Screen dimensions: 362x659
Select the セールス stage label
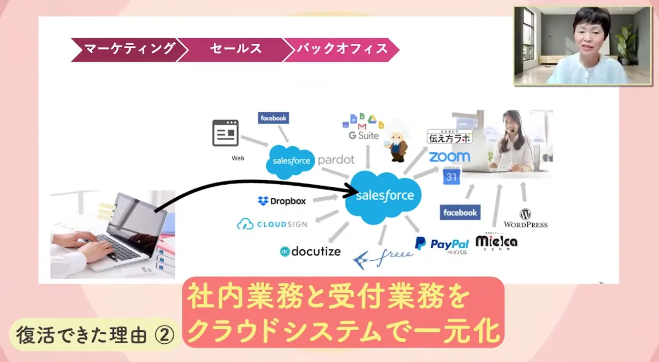(x=235, y=49)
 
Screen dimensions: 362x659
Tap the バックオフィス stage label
(x=342, y=49)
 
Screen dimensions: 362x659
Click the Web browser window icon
(x=226, y=133)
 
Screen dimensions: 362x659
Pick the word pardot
(x=336, y=160)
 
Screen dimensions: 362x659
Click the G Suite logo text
(x=364, y=135)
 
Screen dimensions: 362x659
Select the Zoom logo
(x=449, y=157)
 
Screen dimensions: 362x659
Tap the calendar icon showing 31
(x=452, y=177)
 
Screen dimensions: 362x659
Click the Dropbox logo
(x=282, y=201)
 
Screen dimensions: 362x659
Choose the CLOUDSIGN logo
(x=272, y=224)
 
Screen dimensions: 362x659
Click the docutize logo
(x=310, y=252)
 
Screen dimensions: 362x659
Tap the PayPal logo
(x=442, y=245)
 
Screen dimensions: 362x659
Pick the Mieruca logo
(x=496, y=242)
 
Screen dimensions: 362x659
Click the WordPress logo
(x=526, y=218)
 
